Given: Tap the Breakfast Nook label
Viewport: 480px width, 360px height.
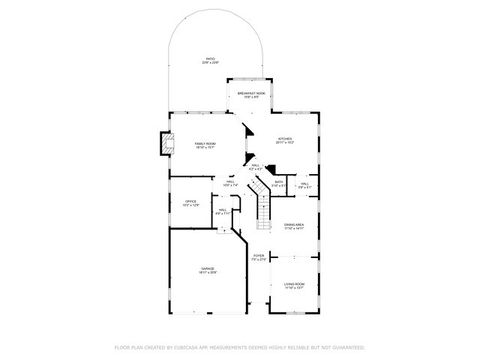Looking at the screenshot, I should click(250, 93).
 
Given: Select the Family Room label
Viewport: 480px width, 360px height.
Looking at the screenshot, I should click(206, 144).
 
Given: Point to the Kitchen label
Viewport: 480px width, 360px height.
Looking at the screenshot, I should click(284, 141).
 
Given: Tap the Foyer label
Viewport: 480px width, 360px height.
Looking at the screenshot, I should click(259, 256).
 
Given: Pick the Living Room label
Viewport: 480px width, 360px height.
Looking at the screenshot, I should click(293, 285).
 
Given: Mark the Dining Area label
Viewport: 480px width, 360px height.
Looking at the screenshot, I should click(294, 225).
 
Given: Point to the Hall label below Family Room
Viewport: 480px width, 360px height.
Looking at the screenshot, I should click(229, 182).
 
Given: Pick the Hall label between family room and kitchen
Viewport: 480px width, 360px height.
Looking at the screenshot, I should click(255, 165).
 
